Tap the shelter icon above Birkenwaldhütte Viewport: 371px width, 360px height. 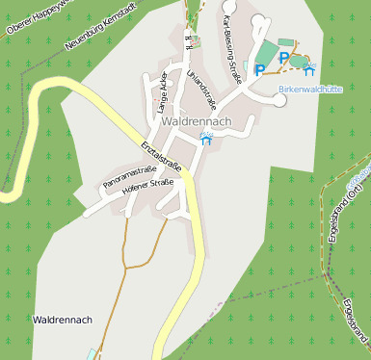click(308, 70)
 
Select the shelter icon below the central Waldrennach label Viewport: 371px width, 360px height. click(205, 140)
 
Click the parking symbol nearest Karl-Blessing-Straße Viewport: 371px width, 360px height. click(259, 69)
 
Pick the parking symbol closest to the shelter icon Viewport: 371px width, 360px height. click(283, 59)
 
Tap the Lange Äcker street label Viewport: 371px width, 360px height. click(162, 92)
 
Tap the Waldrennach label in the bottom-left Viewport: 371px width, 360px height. click(62, 320)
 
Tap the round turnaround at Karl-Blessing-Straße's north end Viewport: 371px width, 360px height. click(257, 18)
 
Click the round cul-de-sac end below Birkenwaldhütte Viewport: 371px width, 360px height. click(280, 101)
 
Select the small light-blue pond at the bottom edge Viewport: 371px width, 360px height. click(93, 353)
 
